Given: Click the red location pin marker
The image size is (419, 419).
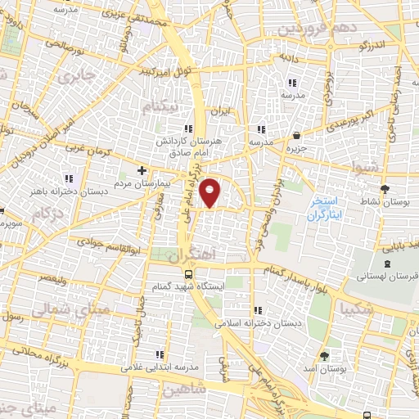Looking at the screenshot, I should click(210, 191).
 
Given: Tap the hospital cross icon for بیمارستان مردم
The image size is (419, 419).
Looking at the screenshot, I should click(142, 170).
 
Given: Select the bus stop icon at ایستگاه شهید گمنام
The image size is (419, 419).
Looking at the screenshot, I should click(189, 274).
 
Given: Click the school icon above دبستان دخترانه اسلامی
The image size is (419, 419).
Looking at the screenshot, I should click(259, 310).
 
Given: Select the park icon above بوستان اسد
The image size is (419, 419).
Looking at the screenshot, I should click(325, 356).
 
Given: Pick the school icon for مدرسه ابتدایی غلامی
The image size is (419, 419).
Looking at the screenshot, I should click(160, 354).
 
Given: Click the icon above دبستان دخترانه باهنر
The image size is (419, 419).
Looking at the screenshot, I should click(70, 178).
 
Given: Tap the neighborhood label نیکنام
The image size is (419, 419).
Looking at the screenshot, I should click(158, 106).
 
